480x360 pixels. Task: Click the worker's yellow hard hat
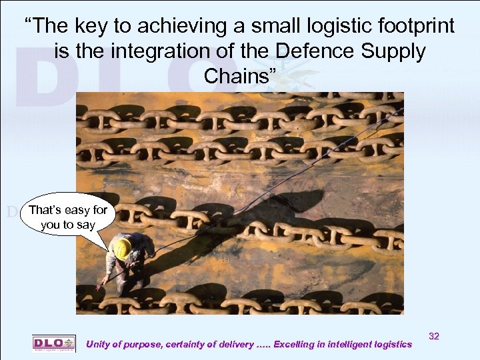(x=122, y=248)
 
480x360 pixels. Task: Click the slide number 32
(x=434, y=337)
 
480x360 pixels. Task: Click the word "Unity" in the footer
(x=100, y=344)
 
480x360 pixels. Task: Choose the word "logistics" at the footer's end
(x=390, y=344)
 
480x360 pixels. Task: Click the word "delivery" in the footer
(x=235, y=344)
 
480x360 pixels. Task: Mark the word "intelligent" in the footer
(x=347, y=344)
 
